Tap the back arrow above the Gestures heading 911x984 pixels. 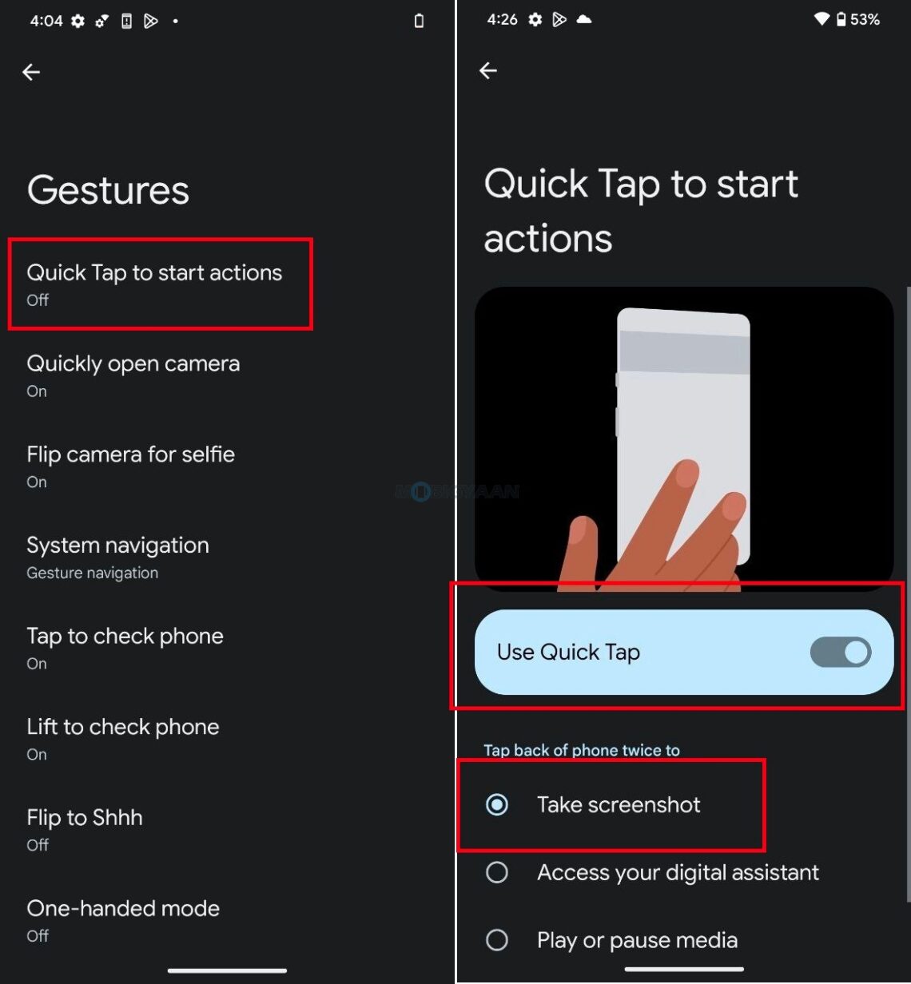[31, 73]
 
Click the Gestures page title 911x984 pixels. [108, 190]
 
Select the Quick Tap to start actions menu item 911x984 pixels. [154, 283]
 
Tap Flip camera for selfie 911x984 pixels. [130, 465]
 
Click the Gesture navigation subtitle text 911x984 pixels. [92, 573]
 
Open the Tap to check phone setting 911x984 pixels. [125, 646]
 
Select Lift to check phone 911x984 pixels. [122, 737]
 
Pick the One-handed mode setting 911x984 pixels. [122, 919]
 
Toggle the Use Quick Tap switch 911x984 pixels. [840, 653]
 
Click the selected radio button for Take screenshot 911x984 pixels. [497, 804]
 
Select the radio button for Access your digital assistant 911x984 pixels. [497, 872]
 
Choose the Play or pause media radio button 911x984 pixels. [497, 940]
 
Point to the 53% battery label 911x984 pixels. [865, 20]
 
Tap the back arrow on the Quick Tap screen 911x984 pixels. [488, 71]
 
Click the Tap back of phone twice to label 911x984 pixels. [581, 750]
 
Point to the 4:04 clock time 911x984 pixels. [46, 22]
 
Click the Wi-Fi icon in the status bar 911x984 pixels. [821, 20]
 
